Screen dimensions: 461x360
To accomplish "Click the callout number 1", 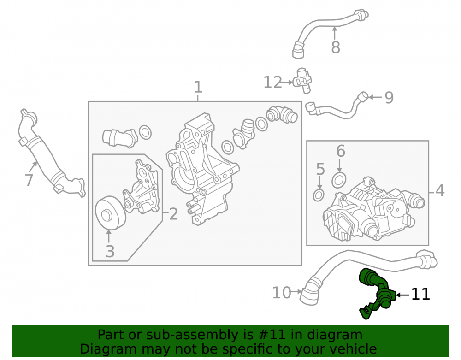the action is pos(198,87).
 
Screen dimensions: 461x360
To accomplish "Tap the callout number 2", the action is pos(173,214).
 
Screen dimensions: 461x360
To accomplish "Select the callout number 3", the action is pos(110,251).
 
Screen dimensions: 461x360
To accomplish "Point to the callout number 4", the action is pos(440,190).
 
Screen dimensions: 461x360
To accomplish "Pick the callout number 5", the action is pos(320,169).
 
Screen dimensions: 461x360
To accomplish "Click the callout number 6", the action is pos(341,151).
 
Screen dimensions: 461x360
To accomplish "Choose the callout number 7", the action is pos(29,180).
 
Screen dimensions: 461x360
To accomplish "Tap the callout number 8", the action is pos(336,47).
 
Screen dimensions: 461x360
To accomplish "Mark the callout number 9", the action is pos(389,98).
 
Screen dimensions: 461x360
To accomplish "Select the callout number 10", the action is pos(282,293).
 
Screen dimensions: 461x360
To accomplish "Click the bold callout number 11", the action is pos(420,294).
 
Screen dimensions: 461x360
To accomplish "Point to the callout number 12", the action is pos(272,83).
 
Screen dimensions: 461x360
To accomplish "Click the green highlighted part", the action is pos(376,291).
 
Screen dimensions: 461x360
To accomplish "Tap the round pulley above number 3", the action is pos(110,212).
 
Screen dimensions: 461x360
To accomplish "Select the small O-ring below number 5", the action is pos(319,195).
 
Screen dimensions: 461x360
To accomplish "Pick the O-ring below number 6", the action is pos(339,180).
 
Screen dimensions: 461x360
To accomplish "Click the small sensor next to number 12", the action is pos(303,81).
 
